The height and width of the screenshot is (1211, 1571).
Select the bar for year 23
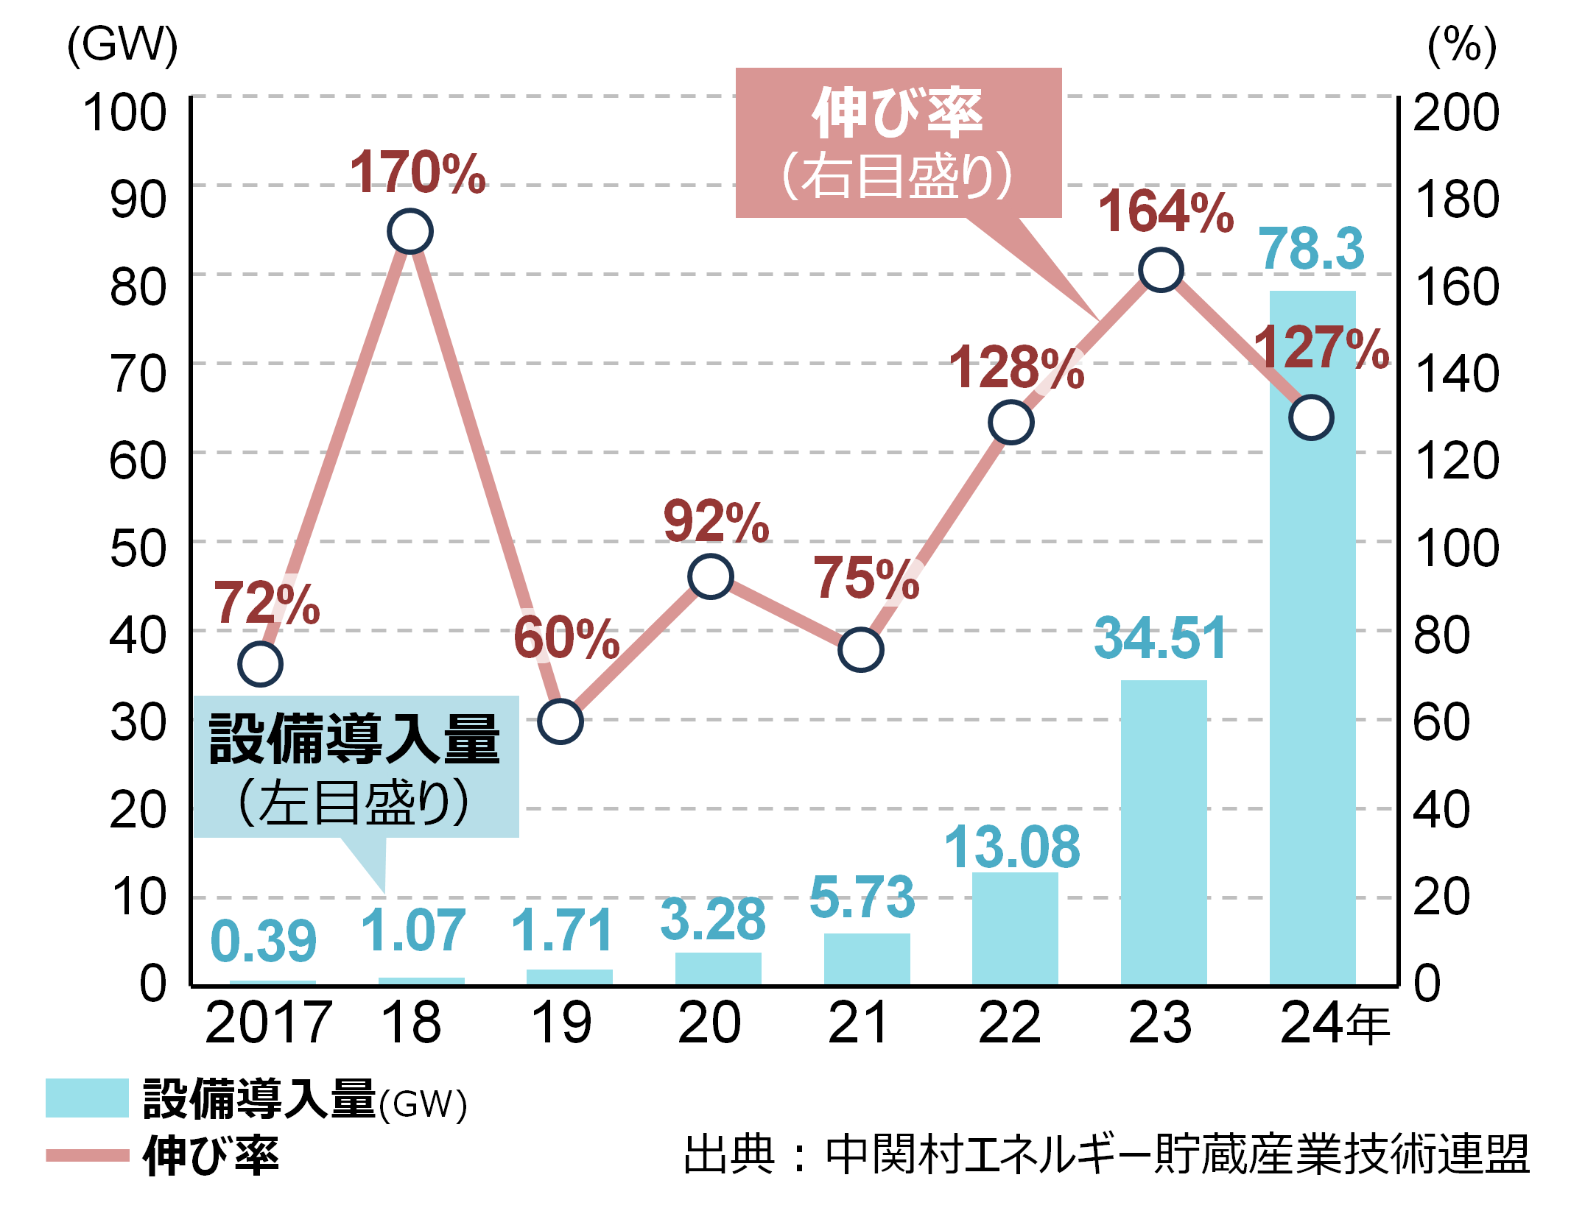tap(1163, 832)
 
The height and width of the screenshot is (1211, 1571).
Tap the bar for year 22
tap(1015, 928)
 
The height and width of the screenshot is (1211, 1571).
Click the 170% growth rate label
tap(417, 173)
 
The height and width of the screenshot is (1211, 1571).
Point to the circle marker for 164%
tap(1161, 269)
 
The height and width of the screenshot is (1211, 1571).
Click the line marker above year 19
tap(560, 721)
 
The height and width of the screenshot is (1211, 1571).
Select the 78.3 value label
tap(1311, 249)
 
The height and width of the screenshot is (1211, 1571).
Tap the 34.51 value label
tap(1160, 638)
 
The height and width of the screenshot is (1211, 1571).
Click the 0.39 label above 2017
tap(263, 942)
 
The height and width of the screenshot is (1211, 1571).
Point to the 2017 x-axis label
tap(268, 1023)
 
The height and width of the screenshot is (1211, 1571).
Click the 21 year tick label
tap(858, 1023)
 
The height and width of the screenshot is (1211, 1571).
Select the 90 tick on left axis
tap(138, 200)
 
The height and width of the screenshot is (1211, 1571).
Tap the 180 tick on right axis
tap(1455, 200)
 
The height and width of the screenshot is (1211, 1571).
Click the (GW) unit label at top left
tap(122, 46)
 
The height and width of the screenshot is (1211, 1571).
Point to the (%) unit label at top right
tap(1461, 46)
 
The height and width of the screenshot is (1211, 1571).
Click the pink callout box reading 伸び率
tap(898, 143)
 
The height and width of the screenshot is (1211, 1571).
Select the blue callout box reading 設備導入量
tap(355, 766)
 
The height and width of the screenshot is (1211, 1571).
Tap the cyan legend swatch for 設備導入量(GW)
tap(87, 1098)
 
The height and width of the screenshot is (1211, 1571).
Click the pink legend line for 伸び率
tap(87, 1155)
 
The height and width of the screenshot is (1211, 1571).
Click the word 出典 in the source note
tap(729, 1155)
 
